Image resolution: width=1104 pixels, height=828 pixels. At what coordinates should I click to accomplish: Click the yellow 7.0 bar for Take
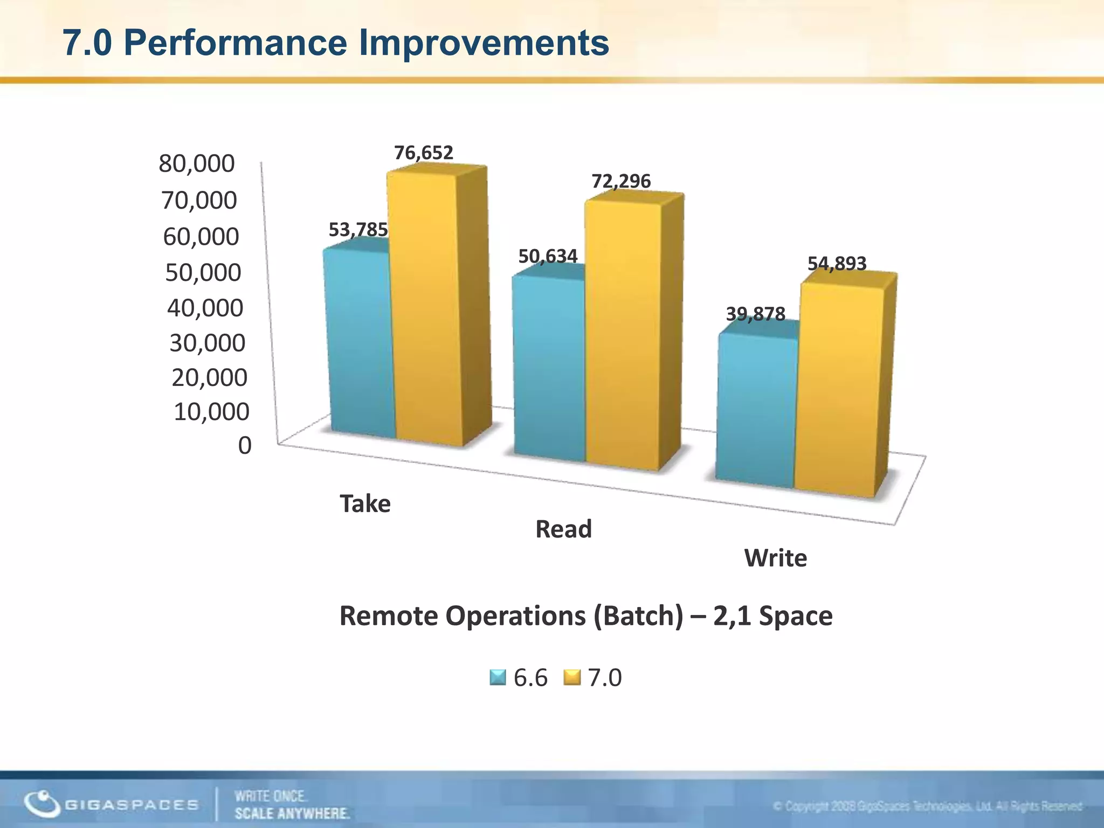click(426, 307)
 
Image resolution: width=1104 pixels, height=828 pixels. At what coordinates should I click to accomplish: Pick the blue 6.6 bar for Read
click(550, 367)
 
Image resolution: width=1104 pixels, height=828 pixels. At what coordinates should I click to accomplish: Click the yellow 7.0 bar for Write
click(838, 388)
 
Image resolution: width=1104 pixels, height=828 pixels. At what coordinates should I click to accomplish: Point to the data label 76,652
click(424, 153)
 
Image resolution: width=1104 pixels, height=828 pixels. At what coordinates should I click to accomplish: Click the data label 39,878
click(755, 314)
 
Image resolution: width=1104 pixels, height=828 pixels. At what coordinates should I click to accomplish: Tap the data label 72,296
click(621, 181)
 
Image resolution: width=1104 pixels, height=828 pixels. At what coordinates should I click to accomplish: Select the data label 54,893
click(837, 264)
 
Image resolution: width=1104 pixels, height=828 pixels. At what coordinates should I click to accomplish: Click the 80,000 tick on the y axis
click(197, 163)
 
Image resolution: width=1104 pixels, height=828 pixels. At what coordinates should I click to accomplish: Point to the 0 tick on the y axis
click(245, 446)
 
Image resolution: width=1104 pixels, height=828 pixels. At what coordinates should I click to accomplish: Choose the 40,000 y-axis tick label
click(205, 308)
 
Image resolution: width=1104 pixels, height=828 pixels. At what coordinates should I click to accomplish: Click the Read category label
click(563, 529)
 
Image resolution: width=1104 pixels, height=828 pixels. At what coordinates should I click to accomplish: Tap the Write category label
click(776, 558)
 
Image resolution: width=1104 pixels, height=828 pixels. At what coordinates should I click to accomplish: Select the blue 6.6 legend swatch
click(498, 678)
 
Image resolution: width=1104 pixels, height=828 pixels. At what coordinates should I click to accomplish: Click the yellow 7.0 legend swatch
click(571, 678)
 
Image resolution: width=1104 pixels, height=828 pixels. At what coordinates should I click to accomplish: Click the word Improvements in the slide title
click(484, 43)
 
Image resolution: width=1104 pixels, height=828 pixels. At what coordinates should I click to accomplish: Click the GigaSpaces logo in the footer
click(111, 804)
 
